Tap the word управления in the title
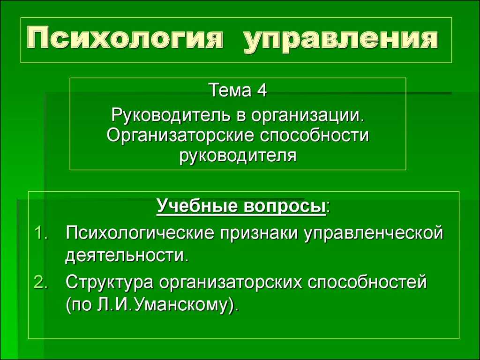coord(341,40)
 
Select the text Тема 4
coord(238,90)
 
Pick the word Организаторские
coord(180,135)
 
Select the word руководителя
coord(238,156)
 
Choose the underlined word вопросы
coord(285,207)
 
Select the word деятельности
coord(127,256)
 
